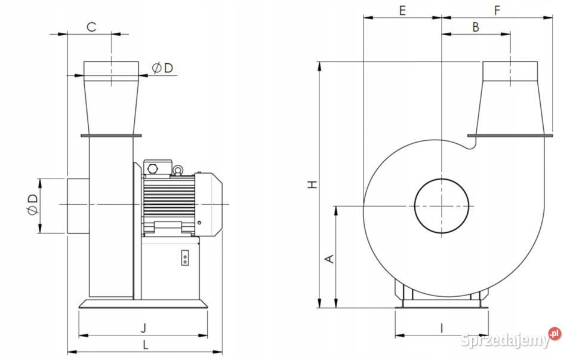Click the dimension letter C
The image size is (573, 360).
[91, 27]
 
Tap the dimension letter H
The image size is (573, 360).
[312, 184]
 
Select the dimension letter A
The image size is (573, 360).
[329, 259]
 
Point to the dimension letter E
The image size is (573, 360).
[402, 11]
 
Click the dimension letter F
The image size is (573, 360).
[497, 11]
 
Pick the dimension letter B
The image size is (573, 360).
[476, 27]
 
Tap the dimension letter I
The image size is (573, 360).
[441, 328]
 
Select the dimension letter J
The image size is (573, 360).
[144, 328]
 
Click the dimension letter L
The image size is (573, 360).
[146, 344]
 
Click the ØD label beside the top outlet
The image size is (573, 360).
[162, 68]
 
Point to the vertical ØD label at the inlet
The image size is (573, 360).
[33, 205]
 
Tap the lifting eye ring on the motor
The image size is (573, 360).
[178, 170]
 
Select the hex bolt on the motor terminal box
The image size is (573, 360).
[152, 169]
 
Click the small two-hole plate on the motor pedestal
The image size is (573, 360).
[185, 258]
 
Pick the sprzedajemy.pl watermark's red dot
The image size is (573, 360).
[554, 333]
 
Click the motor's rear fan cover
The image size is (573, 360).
[208, 204]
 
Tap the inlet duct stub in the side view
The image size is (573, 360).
[78, 206]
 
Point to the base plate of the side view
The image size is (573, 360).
[143, 304]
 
